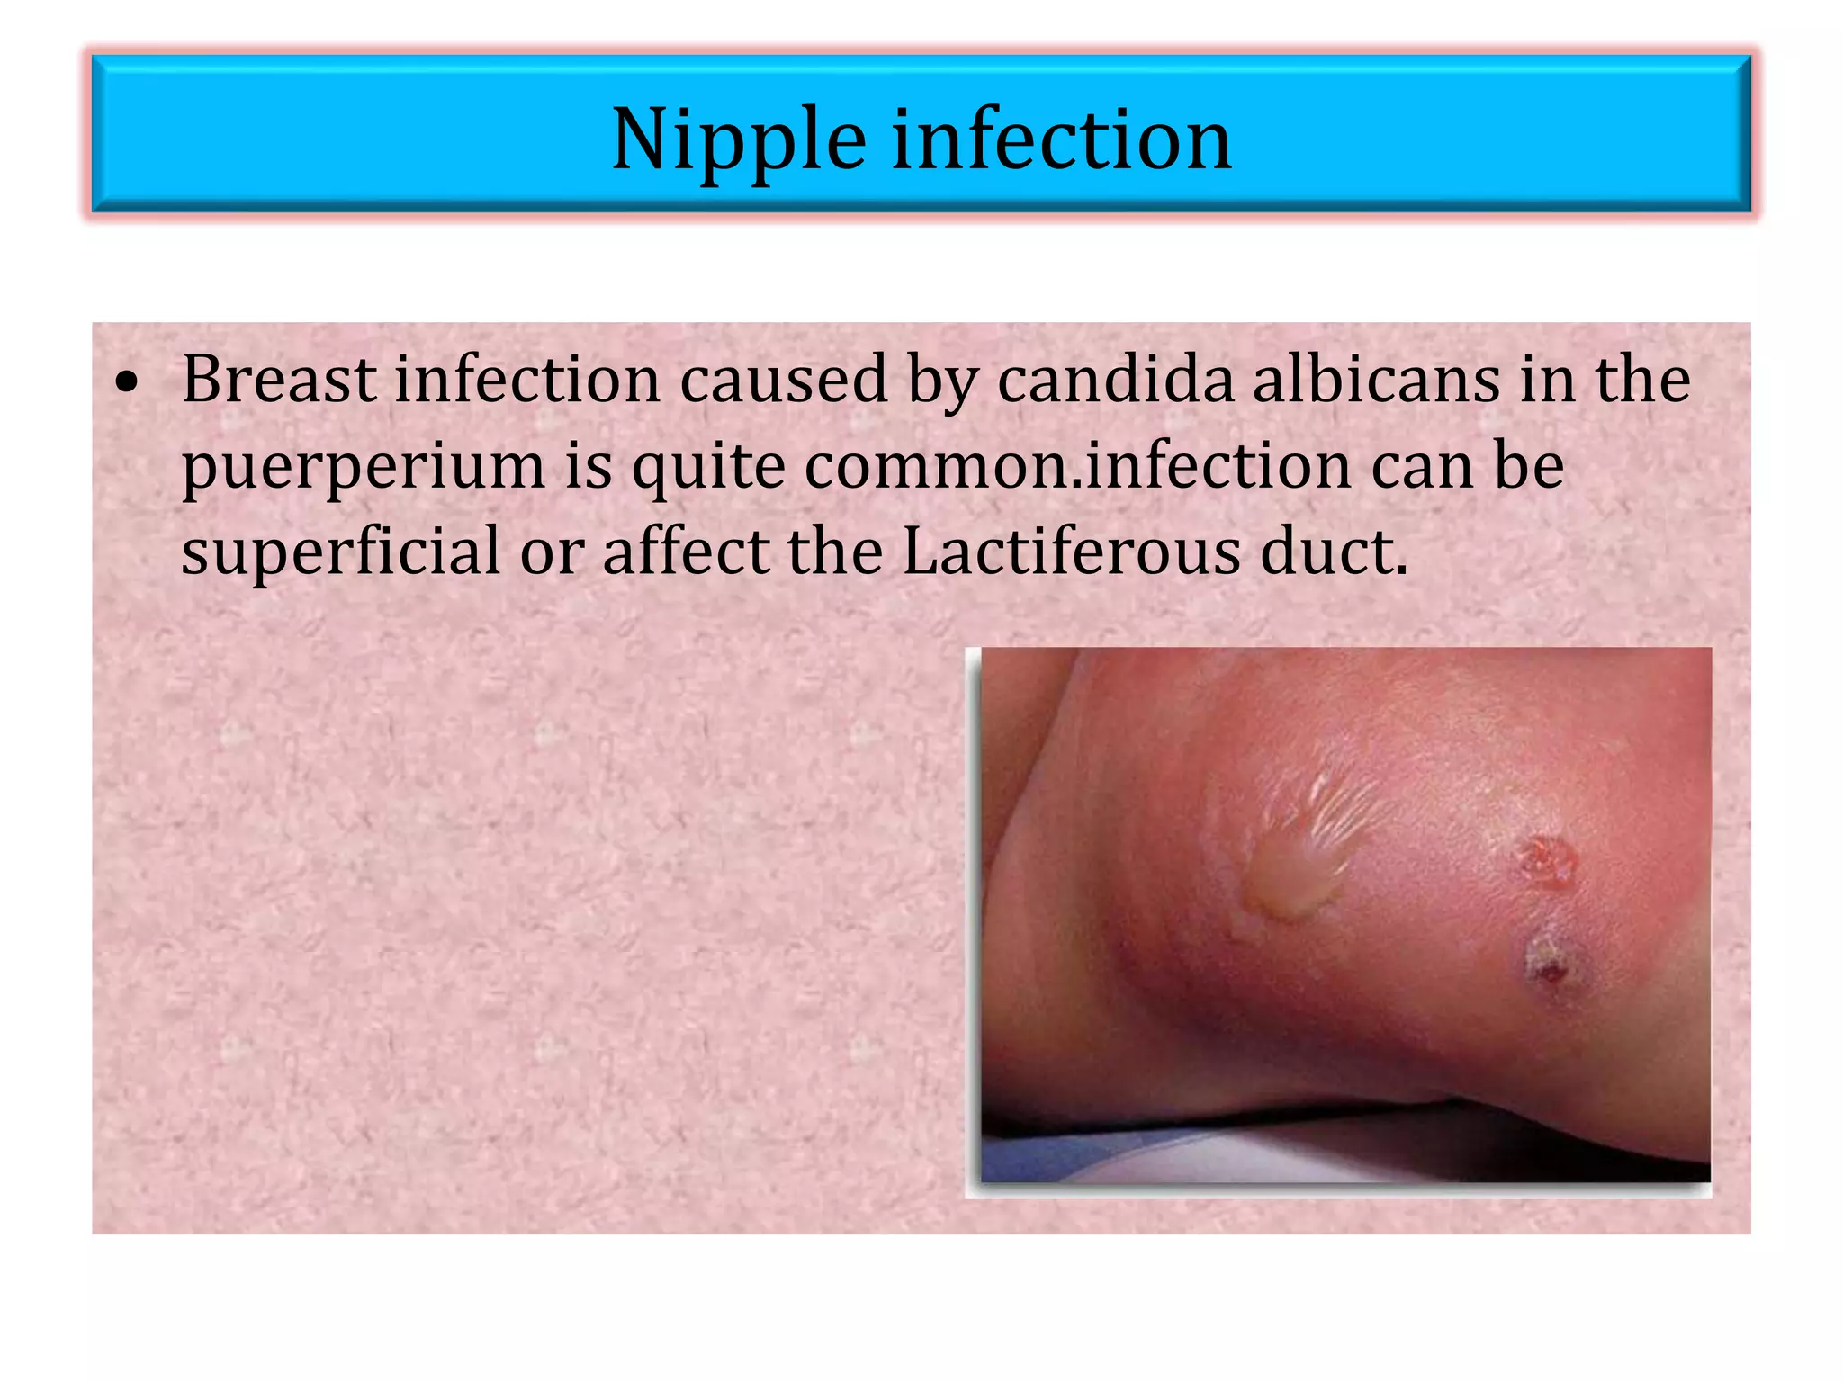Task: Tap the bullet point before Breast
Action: coord(129,382)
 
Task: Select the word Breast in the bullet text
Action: coord(279,380)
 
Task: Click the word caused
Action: coord(784,380)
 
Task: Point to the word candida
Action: coord(1115,380)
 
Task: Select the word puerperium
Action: coord(364,468)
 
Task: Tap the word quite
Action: coord(708,468)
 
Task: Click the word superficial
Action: coord(340,551)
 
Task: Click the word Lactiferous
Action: coord(1071,551)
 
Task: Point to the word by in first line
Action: coord(942,380)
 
